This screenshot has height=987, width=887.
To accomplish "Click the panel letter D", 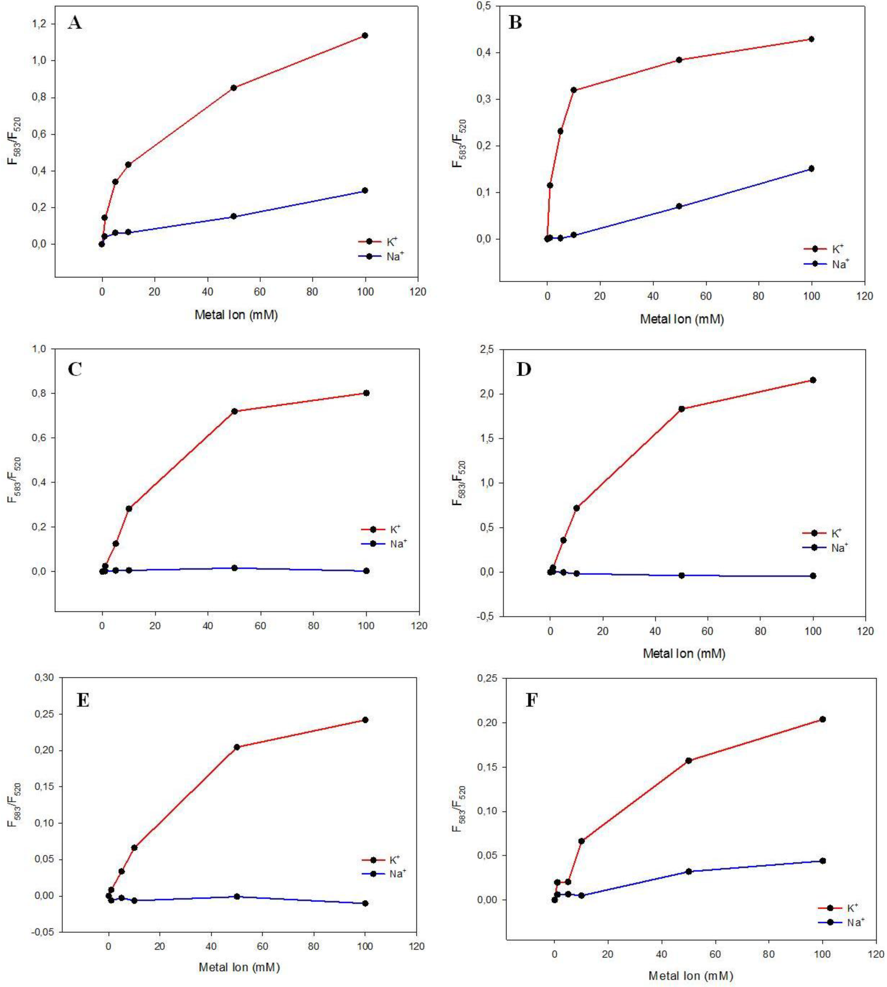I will pos(524,369).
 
